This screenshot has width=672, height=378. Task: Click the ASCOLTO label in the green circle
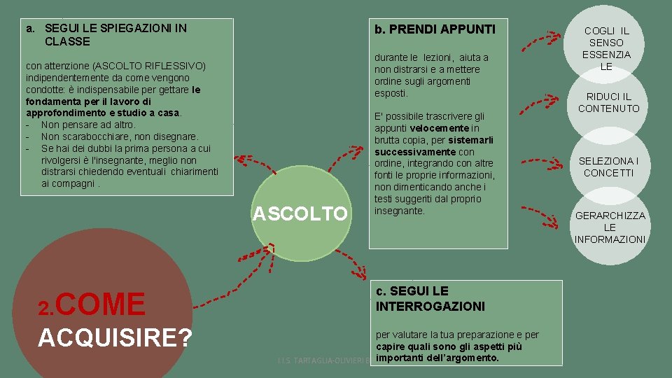pyautogui.click(x=300, y=213)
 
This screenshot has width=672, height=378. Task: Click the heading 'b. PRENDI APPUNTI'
pyautogui.click(x=435, y=29)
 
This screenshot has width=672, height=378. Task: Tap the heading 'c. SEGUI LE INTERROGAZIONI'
pyautogui.click(x=430, y=298)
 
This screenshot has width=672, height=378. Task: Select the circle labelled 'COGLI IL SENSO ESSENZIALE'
pyautogui.click(x=606, y=48)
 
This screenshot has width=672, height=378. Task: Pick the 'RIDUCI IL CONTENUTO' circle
pyautogui.click(x=608, y=102)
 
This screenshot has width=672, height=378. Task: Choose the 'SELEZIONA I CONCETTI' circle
pyautogui.click(x=608, y=167)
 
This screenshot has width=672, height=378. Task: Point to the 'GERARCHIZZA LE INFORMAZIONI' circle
pyautogui.click(x=610, y=227)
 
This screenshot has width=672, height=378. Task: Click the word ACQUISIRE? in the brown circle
pyautogui.click(x=115, y=337)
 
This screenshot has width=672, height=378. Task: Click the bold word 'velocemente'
pyautogui.click(x=440, y=128)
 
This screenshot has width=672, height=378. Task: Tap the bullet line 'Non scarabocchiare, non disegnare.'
pyautogui.click(x=120, y=136)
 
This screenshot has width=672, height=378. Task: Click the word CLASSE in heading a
pyautogui.click(x=67, y=41)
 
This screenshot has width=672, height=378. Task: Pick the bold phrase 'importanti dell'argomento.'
pyautogui.click(x=437, y=358)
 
